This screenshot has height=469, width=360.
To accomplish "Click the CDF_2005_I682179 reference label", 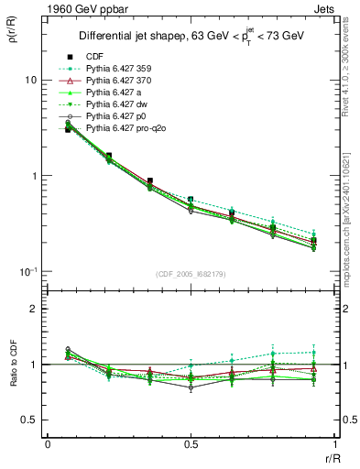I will pyautogui.click(x=190, y=274).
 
